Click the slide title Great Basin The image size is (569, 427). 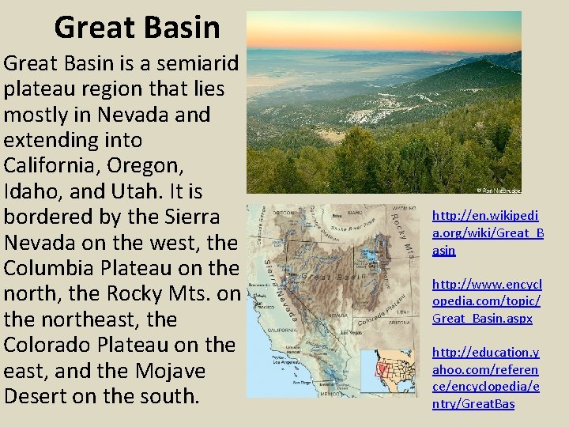point(137,28)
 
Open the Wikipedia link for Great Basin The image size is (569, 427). point(487,232)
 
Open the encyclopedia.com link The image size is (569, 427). point(486,300)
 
